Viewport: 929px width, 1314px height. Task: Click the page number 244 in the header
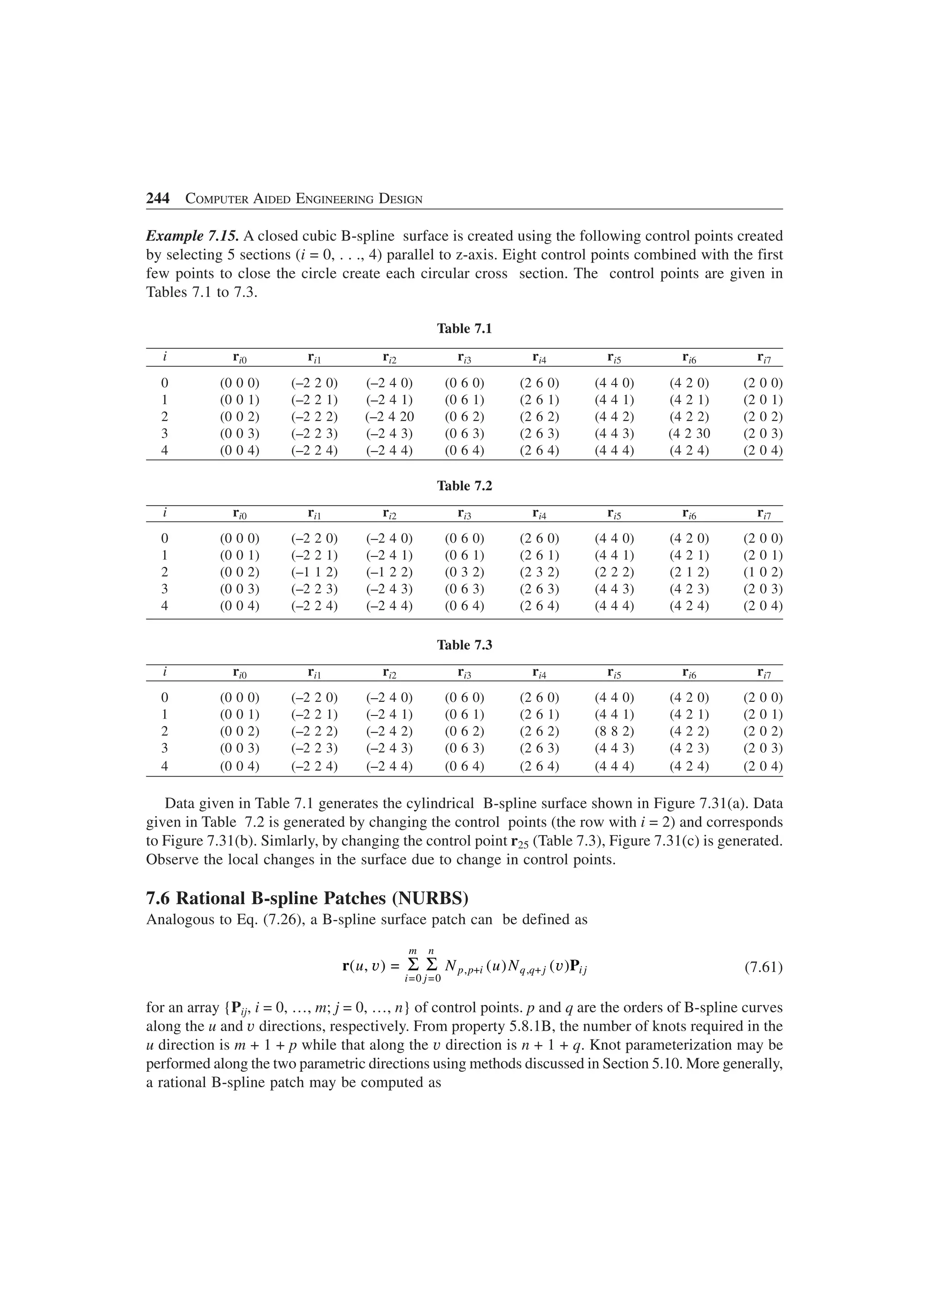point(158,199)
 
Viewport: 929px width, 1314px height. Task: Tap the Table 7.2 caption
point(464,486)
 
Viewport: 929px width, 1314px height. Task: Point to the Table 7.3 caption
point(464,645)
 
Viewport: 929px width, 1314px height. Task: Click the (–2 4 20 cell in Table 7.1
point(389,417)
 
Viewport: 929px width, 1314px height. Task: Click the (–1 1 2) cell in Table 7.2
point(314,572)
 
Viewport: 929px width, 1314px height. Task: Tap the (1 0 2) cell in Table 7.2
point(763,572)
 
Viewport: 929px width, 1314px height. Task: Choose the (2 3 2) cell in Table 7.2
point(539,572)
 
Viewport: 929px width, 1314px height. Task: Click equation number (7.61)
point(763,968)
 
